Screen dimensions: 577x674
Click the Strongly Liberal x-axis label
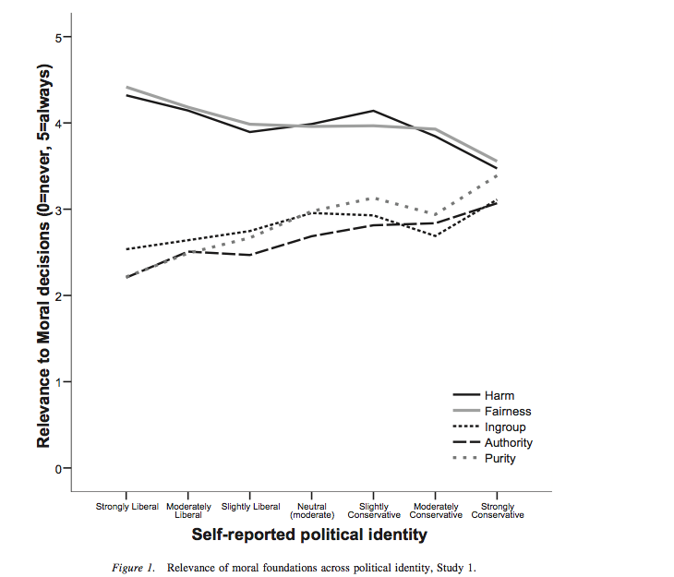click(127, 507)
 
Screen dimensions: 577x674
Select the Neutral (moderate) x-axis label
click(311, 511)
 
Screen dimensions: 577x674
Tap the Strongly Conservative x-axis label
click(498, 511)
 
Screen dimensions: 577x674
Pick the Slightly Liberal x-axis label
click(250, 507)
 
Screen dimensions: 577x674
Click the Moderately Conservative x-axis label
click(435, 511)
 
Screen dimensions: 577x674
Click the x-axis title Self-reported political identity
click(314, 535)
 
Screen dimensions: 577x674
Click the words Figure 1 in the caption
click(130, 567)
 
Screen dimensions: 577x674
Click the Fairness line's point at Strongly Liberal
click(126, 87)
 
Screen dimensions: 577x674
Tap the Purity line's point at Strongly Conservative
click(498, 175)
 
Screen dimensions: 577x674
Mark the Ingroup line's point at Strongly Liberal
click(126, 249)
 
